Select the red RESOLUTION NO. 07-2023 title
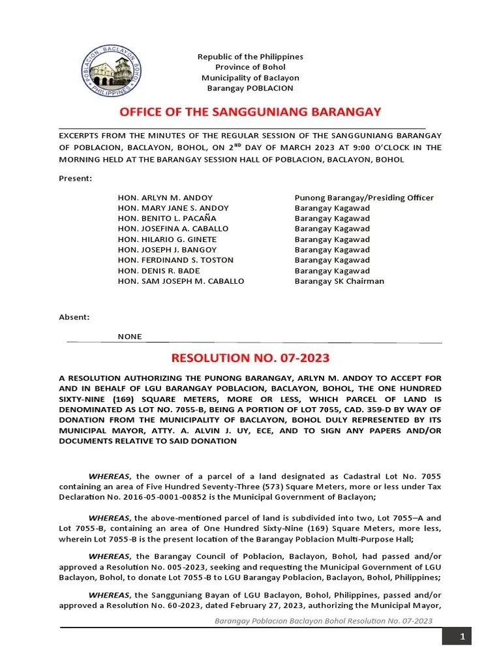point(250,357)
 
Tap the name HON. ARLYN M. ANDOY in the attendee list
point(165,198)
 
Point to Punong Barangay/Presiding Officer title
point(364,198)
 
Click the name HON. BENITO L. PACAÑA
point(166,219)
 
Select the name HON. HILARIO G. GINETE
point(167,239)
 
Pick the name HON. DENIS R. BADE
point(159,271)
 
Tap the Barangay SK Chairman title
point(339,281)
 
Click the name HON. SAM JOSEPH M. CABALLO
point(181,281)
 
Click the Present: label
point(76,178)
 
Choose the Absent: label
point(74,317)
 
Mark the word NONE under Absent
point(129,337)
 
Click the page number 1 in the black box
point(462,637)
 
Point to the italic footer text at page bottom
point(324,621)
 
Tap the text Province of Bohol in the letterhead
point(250,67)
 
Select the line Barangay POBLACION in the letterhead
point(250,88)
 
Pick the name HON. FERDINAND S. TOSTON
point(175,260)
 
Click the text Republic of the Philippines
point(250,57)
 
